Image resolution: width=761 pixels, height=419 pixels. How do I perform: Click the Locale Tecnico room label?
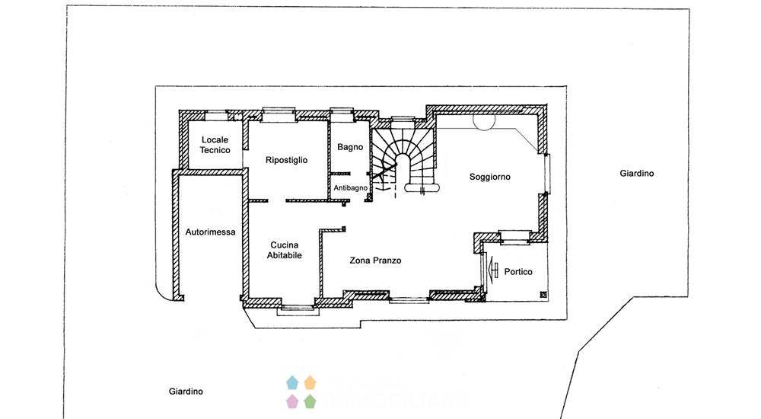point(215,145)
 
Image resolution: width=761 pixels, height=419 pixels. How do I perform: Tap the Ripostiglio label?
point(286,160)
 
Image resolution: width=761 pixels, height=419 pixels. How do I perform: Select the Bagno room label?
point(350,147)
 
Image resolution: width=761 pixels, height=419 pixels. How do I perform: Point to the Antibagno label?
point(350,187)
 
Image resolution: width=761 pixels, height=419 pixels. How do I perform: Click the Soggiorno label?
point(489,177)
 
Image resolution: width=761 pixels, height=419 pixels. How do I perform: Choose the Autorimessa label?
point(210,232)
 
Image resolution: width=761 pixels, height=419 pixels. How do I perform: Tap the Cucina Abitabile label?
point(285,250)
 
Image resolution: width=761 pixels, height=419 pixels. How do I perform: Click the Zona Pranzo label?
point(375,261)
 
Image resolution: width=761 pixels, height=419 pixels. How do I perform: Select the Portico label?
point(518,272)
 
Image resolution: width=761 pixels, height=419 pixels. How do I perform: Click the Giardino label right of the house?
point(637,173)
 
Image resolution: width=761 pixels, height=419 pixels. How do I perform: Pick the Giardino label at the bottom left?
point(186,392)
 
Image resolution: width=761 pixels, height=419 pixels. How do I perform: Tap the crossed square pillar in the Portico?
point(543,295)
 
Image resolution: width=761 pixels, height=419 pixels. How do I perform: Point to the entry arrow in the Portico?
point(493,268)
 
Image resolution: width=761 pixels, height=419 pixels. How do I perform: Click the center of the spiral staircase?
point(402,163)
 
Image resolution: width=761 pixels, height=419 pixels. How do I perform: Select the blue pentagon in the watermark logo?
point(292,382)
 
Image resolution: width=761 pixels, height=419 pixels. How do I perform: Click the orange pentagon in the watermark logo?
point(310,382)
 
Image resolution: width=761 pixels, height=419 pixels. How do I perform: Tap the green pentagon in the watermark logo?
point(310,401)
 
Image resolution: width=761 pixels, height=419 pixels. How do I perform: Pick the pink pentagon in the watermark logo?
point(292,401)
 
